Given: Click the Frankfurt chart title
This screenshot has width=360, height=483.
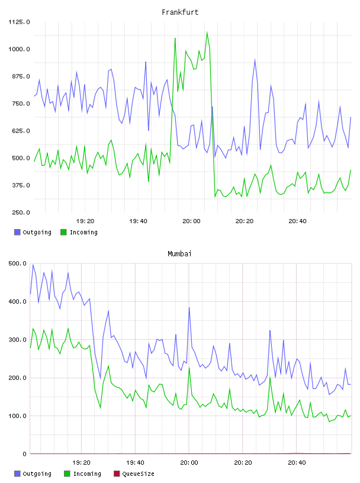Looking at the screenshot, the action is tap(180, 12).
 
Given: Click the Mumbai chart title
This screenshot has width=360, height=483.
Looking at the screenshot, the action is tap(179, 253).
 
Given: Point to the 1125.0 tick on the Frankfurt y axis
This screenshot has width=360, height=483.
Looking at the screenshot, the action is tap(19, 22).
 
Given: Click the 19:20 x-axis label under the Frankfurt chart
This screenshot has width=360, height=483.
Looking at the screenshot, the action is tap(85, 221).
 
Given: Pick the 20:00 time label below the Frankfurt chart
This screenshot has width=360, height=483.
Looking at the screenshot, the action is tap(191, 221).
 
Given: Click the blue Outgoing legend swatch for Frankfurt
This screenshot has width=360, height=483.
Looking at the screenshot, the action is tap(17, 232).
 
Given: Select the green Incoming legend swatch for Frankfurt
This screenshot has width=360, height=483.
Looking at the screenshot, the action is tap(63, 232).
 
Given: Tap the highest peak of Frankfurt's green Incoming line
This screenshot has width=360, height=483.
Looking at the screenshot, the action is tap(207, 32).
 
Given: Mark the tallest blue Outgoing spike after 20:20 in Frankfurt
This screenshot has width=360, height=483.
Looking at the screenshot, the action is tap(255, 59).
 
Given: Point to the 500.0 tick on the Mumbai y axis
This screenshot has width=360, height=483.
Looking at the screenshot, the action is tap(17, 263).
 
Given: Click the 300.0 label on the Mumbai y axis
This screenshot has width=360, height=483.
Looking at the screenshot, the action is tap(17, 340).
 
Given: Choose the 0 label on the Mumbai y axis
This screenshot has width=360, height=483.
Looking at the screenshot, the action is tap(25, 454).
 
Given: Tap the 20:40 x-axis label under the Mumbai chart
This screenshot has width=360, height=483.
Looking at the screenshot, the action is tap(297, 463).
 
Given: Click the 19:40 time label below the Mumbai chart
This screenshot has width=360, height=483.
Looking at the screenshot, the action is tap(135, 463).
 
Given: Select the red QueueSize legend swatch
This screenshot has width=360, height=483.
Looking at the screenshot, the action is tap(117, 474).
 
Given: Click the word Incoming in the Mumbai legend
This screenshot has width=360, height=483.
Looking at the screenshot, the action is tap(87, 474).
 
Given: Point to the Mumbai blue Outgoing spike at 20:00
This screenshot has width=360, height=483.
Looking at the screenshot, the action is tap(189, 308).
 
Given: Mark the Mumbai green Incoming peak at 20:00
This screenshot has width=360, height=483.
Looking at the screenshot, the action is tap(189, 368).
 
